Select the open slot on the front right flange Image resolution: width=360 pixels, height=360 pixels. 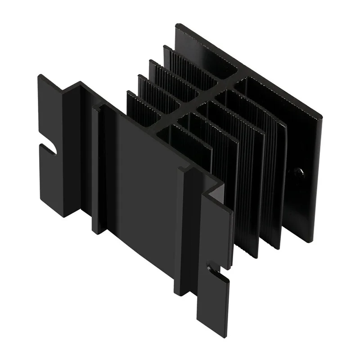click(212, 268)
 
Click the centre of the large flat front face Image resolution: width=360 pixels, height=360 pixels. click(139, 180)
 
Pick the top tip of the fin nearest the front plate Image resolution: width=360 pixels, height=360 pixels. click(129, 92)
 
